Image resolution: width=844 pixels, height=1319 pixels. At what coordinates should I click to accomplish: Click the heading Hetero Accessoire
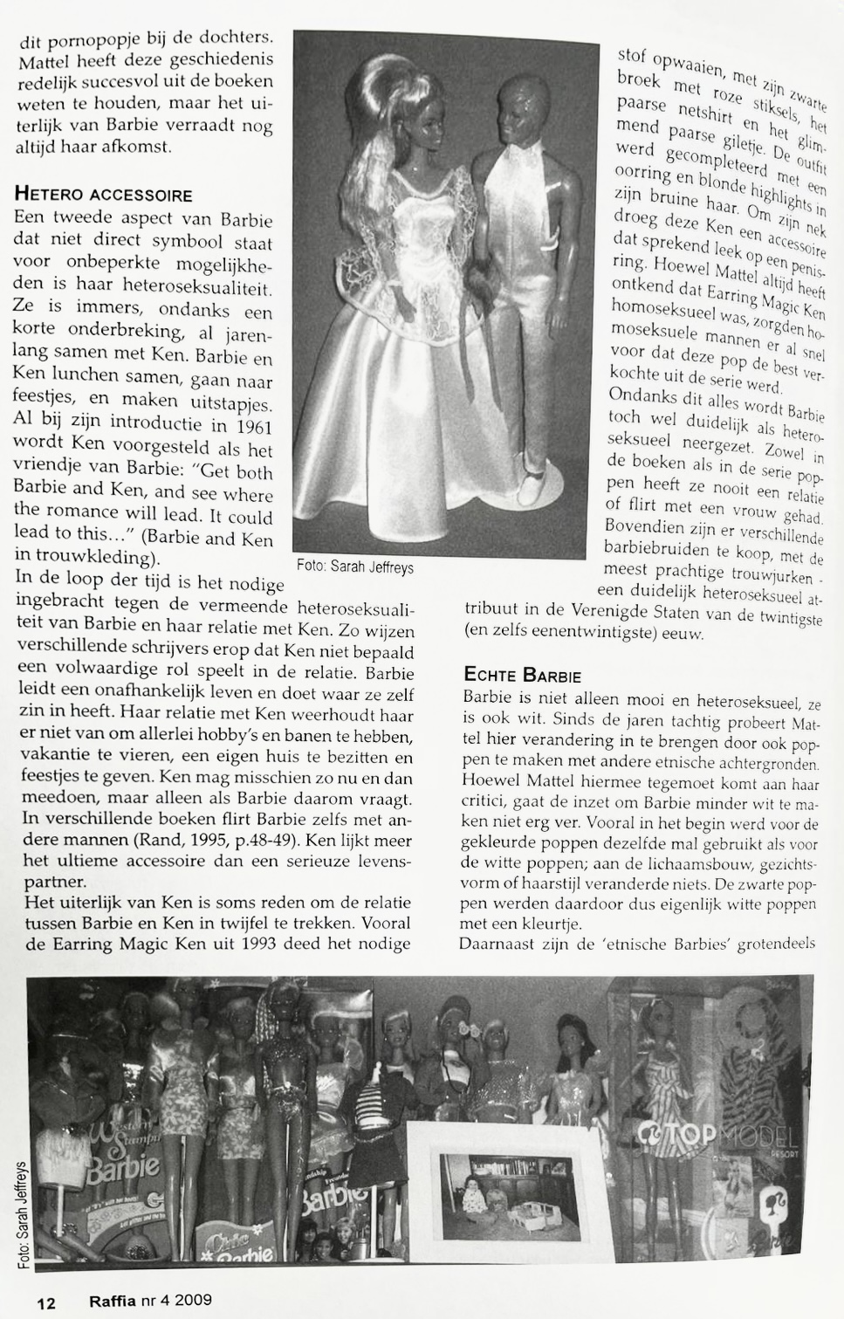(104, 194)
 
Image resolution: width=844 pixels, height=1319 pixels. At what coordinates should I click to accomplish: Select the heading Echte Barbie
(522, 675)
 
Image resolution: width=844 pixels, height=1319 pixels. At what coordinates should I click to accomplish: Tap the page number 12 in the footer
(46, 1302)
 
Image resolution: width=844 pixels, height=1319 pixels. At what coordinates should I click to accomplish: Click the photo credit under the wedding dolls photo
(354, 567)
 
